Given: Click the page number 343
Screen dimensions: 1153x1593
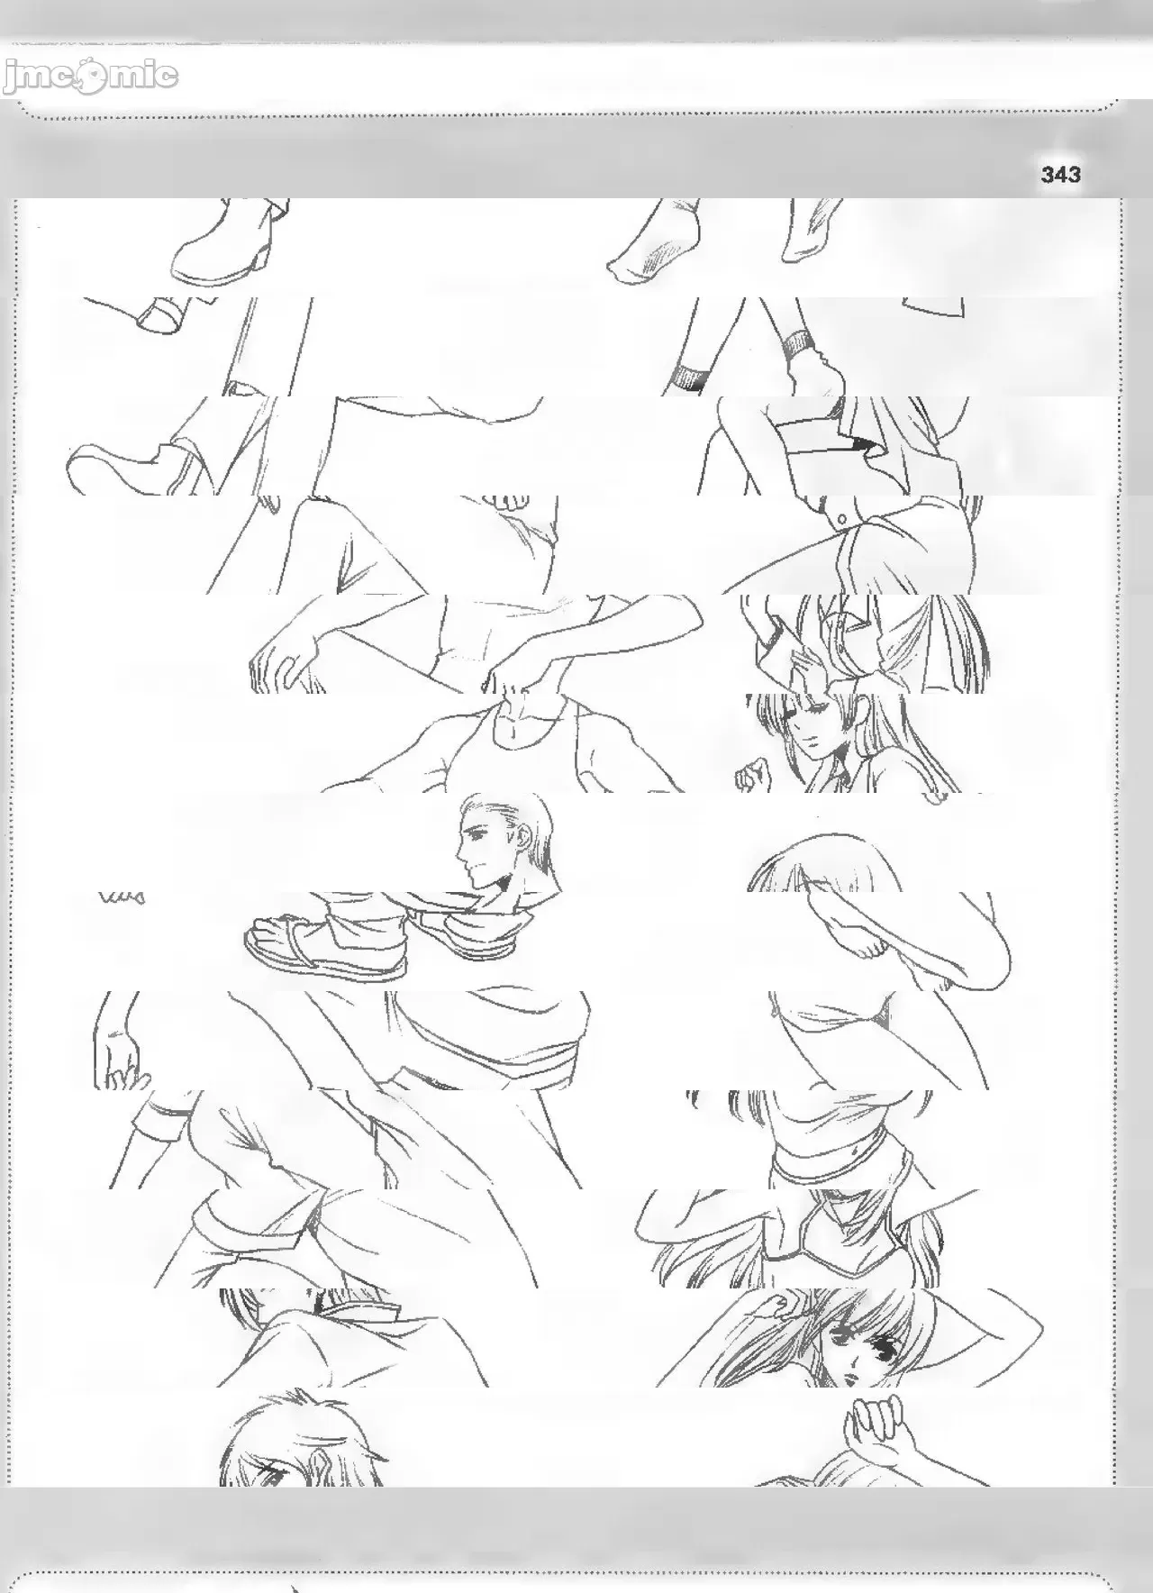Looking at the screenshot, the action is point(1060,175).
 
